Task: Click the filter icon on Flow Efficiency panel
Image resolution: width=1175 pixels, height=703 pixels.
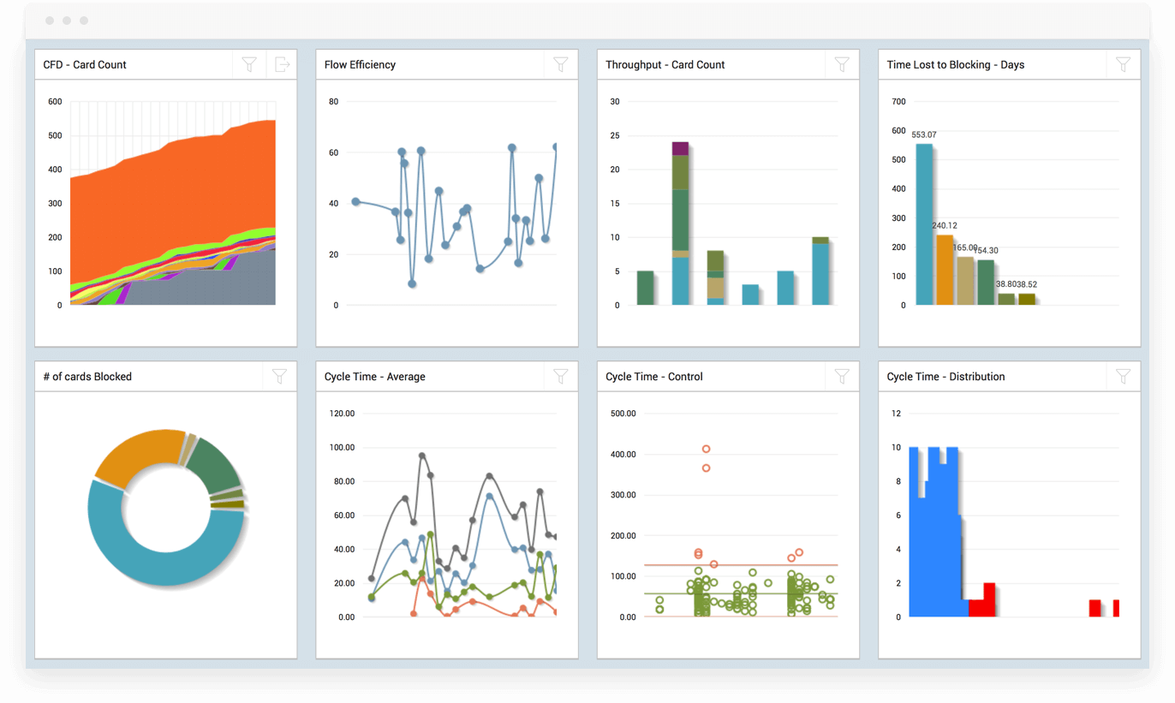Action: pos(560,64)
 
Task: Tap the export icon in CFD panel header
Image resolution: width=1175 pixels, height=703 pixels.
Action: pos(281,64)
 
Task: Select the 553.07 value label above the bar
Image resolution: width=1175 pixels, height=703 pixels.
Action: pos(924,135)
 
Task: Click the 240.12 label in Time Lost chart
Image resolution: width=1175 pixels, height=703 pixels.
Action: pos(944,226)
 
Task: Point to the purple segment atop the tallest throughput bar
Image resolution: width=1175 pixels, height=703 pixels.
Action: pos(680,148)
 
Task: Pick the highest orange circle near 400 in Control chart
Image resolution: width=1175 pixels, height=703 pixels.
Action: pos(706,449)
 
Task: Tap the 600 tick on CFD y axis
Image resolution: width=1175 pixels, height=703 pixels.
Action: pos(55,102)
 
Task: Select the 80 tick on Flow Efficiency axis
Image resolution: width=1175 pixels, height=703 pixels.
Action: pos(333,102)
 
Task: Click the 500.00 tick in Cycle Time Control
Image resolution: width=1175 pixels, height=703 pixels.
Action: pos(623,414)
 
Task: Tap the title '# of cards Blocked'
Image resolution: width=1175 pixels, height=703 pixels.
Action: pos(87,377)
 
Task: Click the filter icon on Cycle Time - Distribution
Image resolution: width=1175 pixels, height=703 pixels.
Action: pos(1123,376)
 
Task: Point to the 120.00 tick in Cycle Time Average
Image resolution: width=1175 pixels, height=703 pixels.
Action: pos(343,414)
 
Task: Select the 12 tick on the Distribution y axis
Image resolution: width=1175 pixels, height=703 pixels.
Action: pos(896,414)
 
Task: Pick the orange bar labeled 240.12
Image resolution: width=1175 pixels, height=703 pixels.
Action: pos(945,270)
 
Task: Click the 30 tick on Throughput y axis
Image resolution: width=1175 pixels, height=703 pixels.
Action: pos(614,102)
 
